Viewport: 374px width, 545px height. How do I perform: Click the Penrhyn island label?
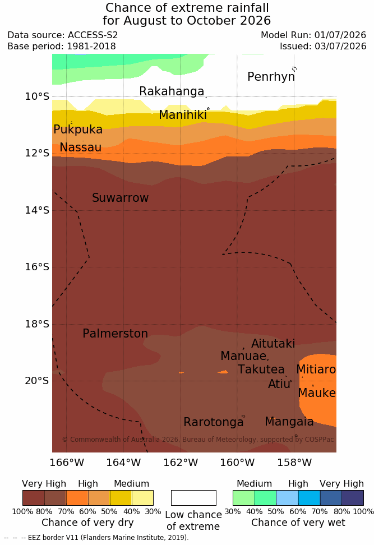[271, 77]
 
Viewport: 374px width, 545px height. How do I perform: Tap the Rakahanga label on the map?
[172, 91]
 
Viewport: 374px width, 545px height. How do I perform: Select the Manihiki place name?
[183, 115]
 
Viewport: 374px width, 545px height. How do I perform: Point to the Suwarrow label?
[120, 198]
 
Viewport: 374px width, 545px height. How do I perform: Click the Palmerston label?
[115, 334]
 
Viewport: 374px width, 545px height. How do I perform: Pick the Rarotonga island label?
[214, 422]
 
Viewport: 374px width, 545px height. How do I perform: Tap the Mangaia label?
[289, 422]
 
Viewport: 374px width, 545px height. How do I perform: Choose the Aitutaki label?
[273, 344]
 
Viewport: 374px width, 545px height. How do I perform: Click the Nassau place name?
[81, 147]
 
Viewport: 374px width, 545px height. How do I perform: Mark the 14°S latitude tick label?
[37, 210]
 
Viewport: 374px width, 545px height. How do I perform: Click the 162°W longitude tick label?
[181, 463]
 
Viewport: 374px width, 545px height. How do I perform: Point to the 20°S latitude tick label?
[37, 381]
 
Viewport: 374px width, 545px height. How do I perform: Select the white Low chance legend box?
[193, 498]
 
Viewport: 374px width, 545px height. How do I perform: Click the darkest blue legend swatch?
[353, 498]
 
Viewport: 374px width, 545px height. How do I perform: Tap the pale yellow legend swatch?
[142, 498]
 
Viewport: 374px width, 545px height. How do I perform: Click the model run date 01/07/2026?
[340, 35]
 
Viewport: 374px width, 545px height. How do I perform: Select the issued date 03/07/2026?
[340, 46]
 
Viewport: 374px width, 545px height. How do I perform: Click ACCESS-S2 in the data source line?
[93, 35]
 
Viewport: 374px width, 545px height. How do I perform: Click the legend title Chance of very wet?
[298, 523]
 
